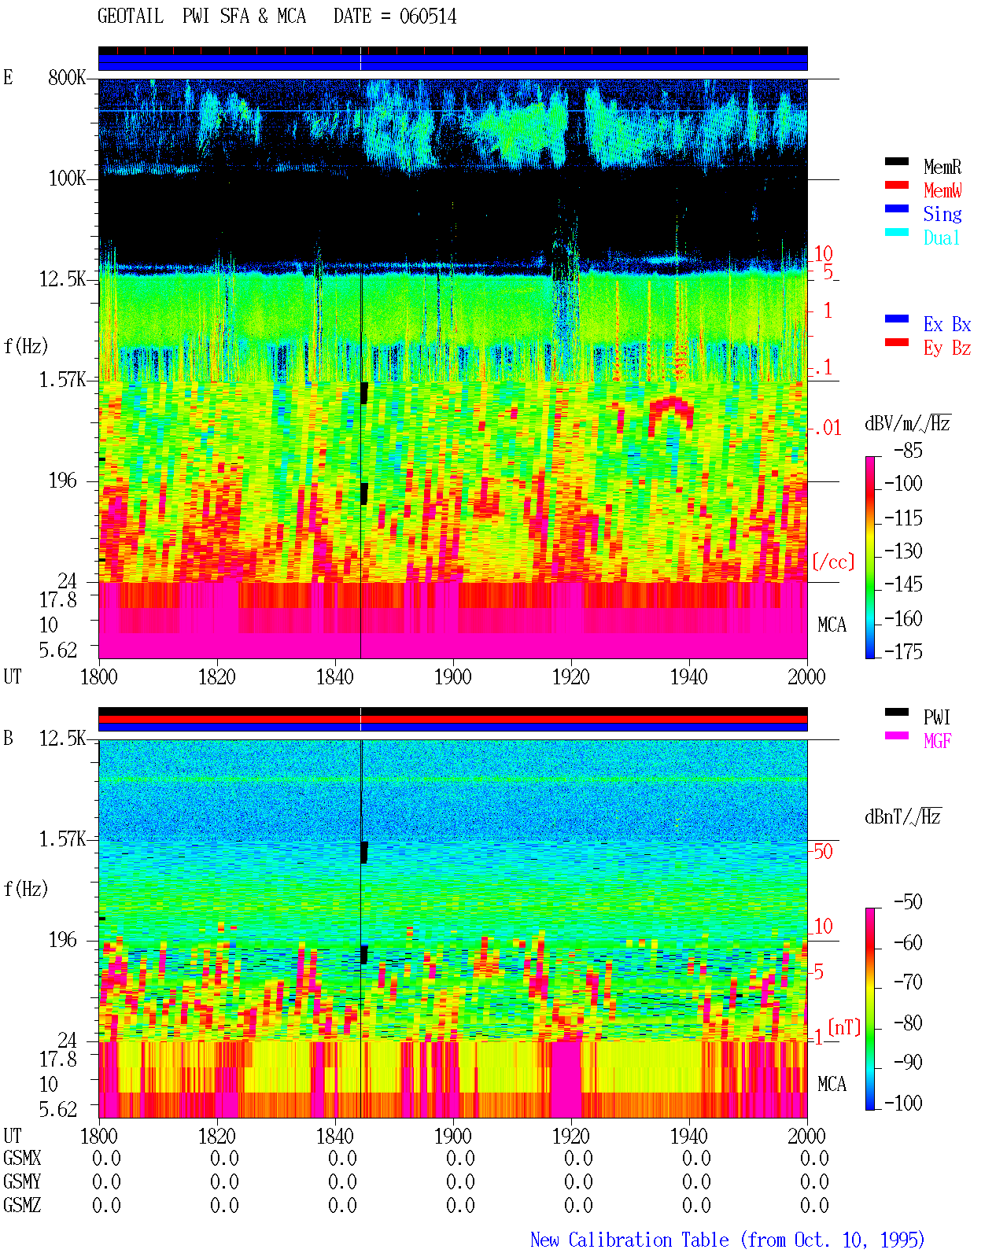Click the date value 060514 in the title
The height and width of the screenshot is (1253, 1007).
pos(427,17)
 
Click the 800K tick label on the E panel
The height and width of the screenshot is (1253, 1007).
pos(67,77)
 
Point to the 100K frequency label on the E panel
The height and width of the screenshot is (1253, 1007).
pos(67,179)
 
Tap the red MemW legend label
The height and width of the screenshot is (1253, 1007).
pos(942,190)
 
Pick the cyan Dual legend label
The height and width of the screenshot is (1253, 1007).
pos(941,238)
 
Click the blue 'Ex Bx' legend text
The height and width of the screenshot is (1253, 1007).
pos(947,324)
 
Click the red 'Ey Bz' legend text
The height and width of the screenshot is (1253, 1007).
pos(947,348)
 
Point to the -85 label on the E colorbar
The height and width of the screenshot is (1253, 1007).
pos(908,450)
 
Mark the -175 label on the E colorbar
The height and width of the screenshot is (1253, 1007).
pos(903,651)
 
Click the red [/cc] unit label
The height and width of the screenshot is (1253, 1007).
pos(833,562)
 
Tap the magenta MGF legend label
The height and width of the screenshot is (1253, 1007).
pos(937,741)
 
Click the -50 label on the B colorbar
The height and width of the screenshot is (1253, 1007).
pos(908,902)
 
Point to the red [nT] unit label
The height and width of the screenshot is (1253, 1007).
pos(844,1026)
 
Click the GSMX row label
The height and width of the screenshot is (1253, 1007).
pos(22,1158)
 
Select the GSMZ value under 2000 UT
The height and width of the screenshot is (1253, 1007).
pos(814,1205)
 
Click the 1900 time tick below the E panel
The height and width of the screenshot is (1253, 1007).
pos(452,676)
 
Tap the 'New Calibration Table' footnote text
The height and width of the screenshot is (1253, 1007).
pos(629,1240)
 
